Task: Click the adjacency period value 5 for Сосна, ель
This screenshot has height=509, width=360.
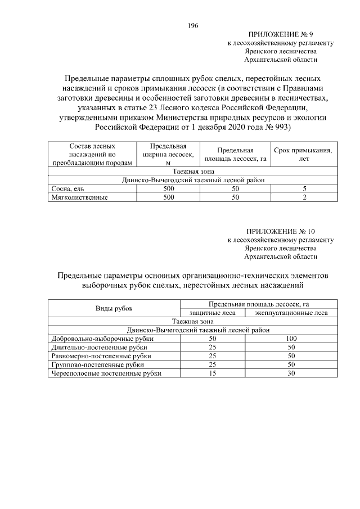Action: click(304, 189)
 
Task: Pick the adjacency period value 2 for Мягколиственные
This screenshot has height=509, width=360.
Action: click(304, 197)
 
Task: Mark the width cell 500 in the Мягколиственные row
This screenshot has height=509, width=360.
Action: click(168, 197)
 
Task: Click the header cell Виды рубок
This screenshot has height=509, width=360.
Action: click(114, 308)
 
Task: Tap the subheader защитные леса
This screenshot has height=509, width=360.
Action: click(213, 313)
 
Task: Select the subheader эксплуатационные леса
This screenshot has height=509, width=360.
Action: click(291, 313)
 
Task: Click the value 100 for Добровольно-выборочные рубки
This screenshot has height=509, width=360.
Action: click(291, 339)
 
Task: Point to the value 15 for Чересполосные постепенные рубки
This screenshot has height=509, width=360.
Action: click(213, 373)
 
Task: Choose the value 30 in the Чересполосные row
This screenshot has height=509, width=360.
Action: click(291, 373)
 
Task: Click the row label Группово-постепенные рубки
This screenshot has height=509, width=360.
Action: click(98, 364)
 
